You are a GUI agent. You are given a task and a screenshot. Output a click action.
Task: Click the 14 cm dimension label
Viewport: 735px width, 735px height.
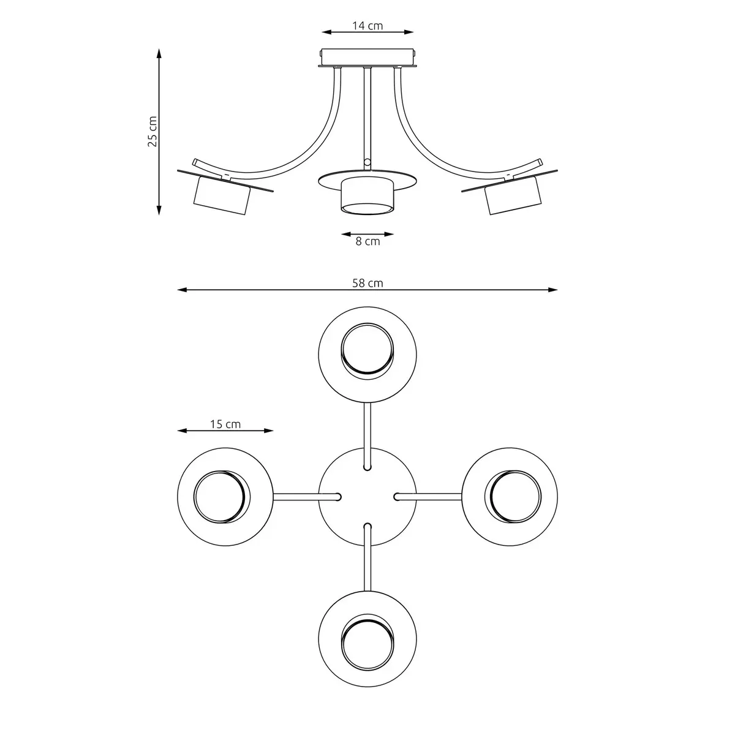coord(367,26)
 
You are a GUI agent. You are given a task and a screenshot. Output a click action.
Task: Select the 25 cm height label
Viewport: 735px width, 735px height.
coord(153,131)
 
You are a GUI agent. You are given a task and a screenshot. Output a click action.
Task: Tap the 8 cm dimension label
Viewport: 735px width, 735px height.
coord(367,242)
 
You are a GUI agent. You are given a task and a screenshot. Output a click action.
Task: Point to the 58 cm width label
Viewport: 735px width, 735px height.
coord(367,283)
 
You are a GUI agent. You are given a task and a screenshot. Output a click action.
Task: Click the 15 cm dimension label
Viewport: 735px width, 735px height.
coord(225,424)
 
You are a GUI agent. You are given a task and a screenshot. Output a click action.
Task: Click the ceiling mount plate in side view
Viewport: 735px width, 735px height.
coord(367,58)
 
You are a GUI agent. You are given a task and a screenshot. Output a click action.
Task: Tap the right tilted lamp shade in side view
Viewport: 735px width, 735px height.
coord(513,195)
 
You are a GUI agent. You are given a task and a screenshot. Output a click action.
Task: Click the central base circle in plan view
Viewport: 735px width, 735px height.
coord(367,497)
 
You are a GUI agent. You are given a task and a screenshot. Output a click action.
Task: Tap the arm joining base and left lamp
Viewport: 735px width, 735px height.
coord(297,497)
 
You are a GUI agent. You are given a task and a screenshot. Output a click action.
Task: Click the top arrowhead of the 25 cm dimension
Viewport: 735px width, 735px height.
coord(159,53)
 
